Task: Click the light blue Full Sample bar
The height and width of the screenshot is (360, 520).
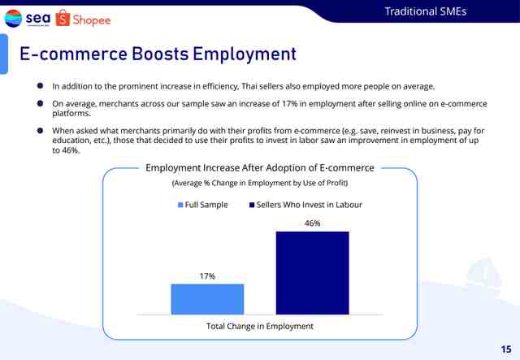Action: tap(207, 299)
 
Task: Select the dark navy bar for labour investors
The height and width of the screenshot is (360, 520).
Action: tap(312, 273)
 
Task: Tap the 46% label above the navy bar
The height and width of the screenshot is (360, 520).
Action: tap(312, 223)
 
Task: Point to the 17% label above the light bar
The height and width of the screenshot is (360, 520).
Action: tap(208, 276)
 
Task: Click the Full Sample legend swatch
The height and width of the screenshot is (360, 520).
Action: tap(180, 205)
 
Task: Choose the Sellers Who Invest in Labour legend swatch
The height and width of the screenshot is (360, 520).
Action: tap(252, 205)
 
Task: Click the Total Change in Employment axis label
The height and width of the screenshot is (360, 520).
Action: tap(260, 326)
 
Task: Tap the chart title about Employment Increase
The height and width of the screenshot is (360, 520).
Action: tap(260, 168)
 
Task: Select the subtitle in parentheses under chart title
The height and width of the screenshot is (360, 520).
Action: tap(260, 183)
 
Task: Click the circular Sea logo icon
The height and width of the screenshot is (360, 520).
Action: tap(13, 18)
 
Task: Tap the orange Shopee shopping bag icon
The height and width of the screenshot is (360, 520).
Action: tap(63, 18)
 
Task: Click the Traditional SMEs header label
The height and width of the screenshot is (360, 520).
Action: tap(426, 11)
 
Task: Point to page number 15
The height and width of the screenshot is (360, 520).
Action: tap(506, 349)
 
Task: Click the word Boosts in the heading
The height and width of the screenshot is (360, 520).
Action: tap(160, 54)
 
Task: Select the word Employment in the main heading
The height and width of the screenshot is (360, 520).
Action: tap(245, 54)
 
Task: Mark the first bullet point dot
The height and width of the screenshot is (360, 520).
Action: tap(40, 86)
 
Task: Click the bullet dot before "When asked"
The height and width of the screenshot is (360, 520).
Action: tap(40, 130)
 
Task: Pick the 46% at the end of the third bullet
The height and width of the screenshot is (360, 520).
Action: tap(71, 150)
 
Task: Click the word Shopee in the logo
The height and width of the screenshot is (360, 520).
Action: tap(92, 20)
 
